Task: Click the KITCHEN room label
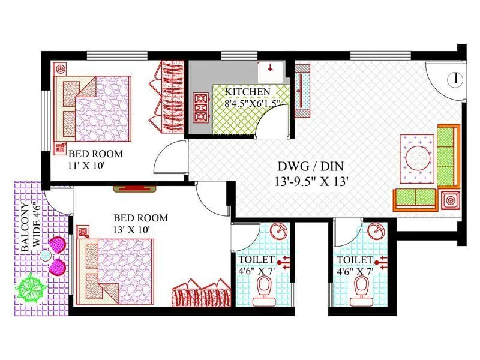tap(248, 92)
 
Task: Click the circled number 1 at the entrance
tap(456, 78)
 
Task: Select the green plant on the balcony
tap(32, 287)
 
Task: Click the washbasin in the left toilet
tap(278, 231)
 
